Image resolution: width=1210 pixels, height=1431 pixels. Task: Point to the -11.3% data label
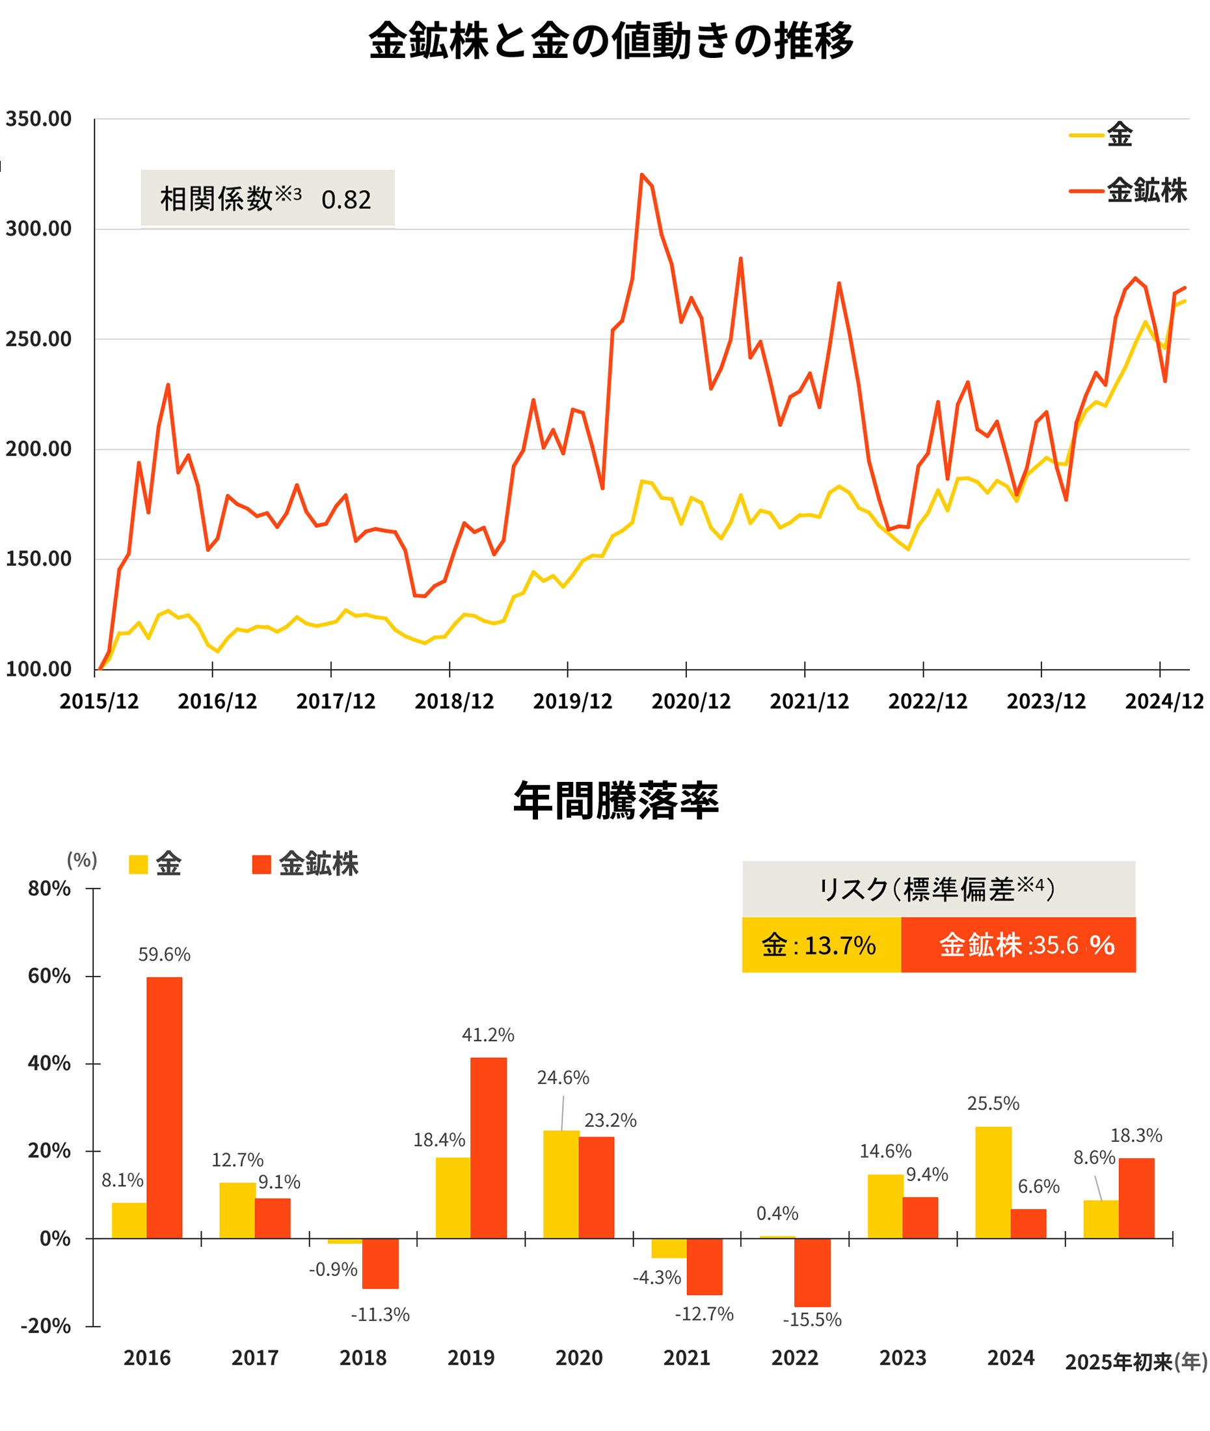[x=380, y=1314]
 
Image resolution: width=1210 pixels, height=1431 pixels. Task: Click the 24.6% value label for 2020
[x=563, y=1077]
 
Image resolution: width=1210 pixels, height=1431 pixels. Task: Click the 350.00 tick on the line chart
[x=38, y=118]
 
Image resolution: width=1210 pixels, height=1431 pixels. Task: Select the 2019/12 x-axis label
[x=572, y=701]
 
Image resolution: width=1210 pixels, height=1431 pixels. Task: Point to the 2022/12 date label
[x=928, y=701]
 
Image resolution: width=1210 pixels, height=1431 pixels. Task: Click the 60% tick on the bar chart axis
[x=49, y=976]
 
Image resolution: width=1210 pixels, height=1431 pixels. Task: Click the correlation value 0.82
[x=345, y=200]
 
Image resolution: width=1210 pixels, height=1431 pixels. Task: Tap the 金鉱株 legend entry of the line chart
[x=1146, y=190]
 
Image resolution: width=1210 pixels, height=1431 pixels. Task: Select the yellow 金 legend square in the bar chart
[x=138, y=864]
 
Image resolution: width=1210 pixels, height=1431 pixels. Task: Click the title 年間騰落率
[x=615, y=801]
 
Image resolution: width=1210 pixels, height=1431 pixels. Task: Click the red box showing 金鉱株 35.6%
[x=1018, y=945]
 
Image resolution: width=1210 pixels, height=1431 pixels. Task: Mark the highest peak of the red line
[x=642, y=175]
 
